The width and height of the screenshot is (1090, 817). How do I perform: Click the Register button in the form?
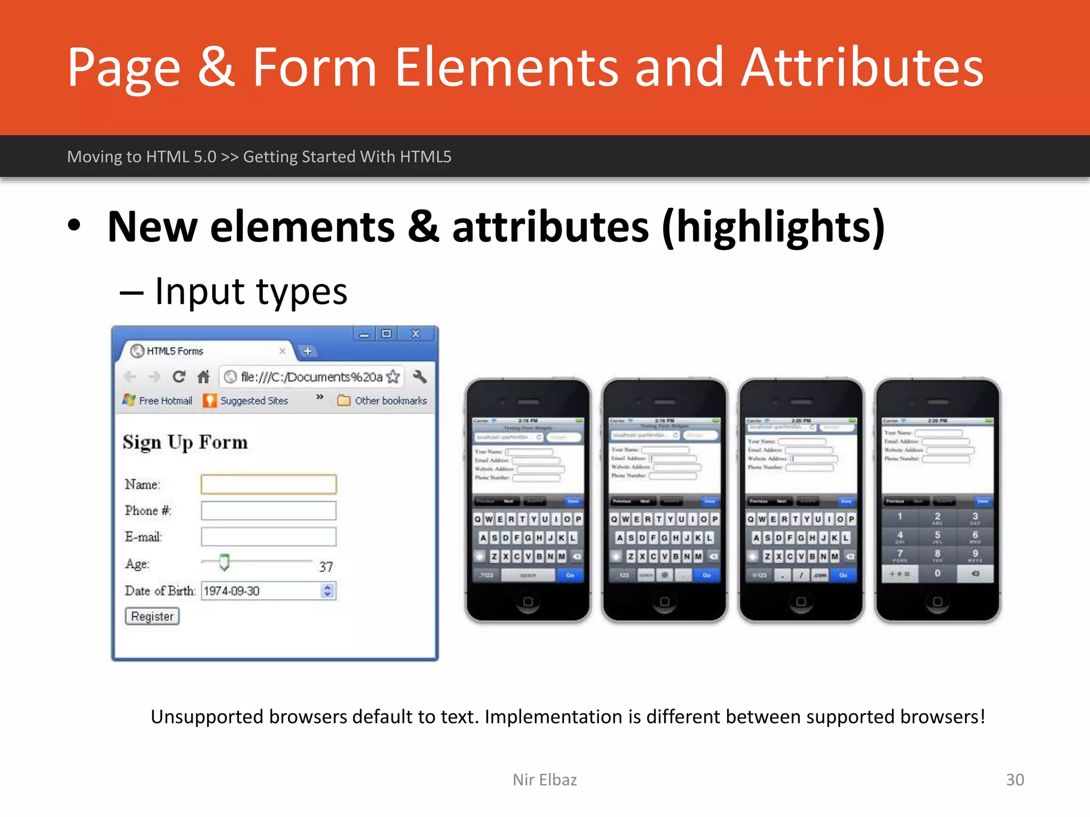tap(152, 616)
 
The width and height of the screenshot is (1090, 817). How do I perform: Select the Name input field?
tap(268, 484)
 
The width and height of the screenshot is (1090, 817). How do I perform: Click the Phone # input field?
tap(268, 511)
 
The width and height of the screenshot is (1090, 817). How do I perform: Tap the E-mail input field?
tap(268, 537)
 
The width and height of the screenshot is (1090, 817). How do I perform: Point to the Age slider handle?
tap(224, 562)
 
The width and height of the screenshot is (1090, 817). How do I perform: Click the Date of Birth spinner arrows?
tap(327, 590)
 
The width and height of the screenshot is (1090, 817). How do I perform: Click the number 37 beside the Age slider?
tap(326, 566)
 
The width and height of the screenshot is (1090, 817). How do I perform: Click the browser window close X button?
tap(416, 334)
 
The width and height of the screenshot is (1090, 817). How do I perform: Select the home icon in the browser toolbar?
tap(203, 377)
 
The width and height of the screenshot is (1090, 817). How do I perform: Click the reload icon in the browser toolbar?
tap(179, 377)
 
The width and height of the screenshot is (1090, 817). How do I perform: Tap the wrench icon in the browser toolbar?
tap(420, 377)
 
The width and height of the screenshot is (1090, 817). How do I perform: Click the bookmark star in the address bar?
tap(393, 377)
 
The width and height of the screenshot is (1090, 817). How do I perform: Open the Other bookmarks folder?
tap(382, 401)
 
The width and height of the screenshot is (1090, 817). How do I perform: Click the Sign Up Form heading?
tap(185, 443)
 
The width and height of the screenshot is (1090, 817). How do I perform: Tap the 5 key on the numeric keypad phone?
tap(937, 536)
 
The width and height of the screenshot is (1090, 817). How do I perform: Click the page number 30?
tap(1014, 779)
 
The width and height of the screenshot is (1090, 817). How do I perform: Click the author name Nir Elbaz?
tap(544, 779)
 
